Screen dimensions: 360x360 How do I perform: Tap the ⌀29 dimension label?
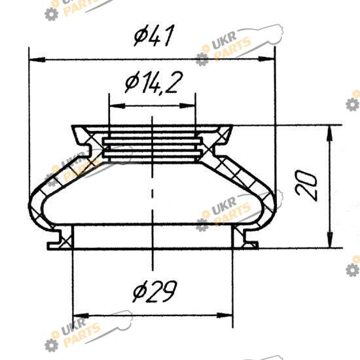pos(154,291)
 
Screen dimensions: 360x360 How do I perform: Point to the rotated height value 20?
pos(306,185)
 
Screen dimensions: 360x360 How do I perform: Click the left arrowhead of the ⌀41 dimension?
pos(37,60)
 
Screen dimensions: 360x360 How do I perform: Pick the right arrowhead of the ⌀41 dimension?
pos(266,59)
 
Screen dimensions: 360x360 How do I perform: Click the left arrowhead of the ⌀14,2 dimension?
pos(118,106)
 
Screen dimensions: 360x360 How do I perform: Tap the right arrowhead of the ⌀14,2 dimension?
pos(187,106)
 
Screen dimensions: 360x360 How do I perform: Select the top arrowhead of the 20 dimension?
pos(330,134)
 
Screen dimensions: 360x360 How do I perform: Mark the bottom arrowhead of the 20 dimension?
pos(330,240)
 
